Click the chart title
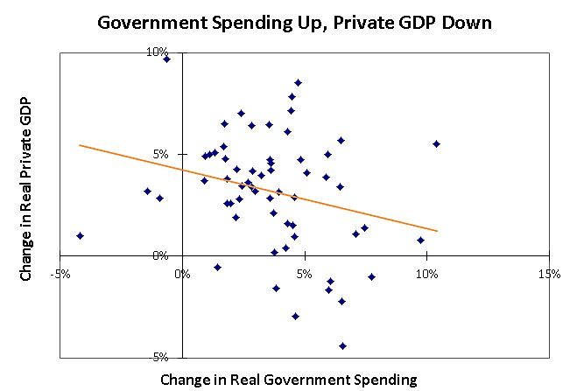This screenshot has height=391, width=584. (294, 22)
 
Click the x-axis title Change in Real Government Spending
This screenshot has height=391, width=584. (289, 380)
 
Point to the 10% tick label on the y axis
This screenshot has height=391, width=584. (158, 52)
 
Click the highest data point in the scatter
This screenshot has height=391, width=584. (166, 59)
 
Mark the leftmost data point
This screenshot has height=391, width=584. (81, 235)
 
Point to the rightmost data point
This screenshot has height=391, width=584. (436, 143)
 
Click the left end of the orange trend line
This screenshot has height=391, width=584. (80, 145)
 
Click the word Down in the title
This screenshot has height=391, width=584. (463, 22)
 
